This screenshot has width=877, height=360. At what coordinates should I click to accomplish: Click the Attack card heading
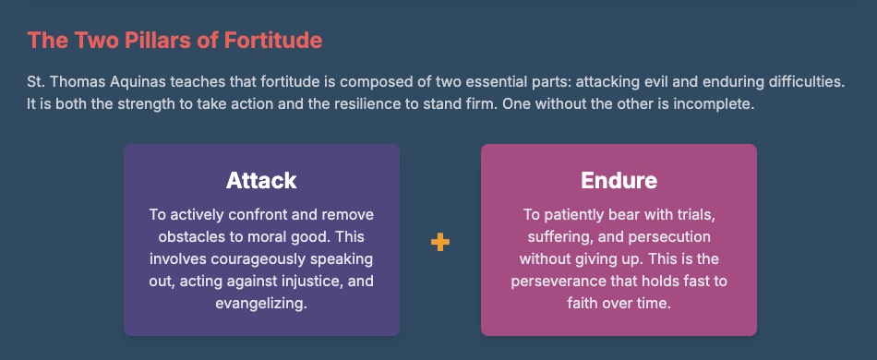click(261, 181)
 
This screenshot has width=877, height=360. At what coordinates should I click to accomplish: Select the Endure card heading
click(619, 181)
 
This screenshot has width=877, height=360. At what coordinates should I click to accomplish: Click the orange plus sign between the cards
click(440, 243)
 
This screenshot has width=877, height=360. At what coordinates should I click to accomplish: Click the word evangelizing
click(261, 305)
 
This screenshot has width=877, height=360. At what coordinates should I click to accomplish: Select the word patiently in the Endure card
click(569, 215)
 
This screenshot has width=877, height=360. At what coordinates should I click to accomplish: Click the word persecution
click(669, 237)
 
